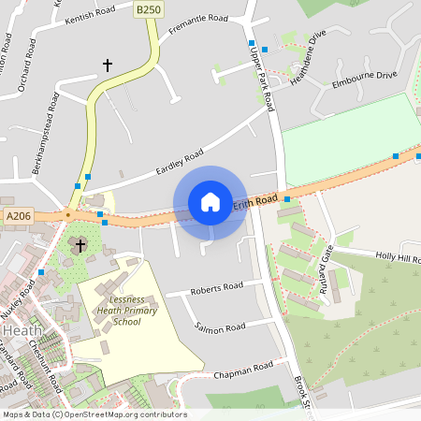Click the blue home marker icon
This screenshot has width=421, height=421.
(x=210, y=202)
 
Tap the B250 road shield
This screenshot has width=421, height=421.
(x=148, y=9)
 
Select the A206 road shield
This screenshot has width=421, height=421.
(x=18, y=216)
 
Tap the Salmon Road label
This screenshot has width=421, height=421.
(x=221, y=327)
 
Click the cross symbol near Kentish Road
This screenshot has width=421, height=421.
(x=108, y=65)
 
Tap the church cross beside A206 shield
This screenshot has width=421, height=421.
(x=80, y=245)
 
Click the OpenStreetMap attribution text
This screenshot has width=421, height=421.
(x=94, y=414)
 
